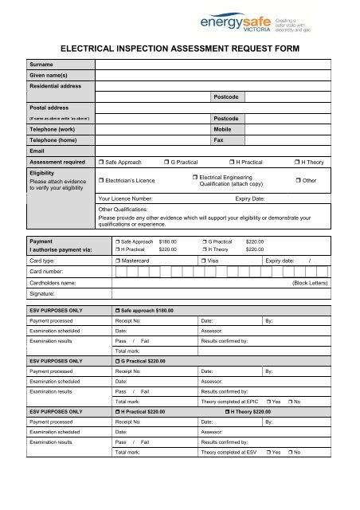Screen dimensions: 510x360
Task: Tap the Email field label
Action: pos(37,149)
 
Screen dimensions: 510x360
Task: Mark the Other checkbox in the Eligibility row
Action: pos(299,181)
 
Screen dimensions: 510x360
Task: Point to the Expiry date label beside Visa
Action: pos(282,261)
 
